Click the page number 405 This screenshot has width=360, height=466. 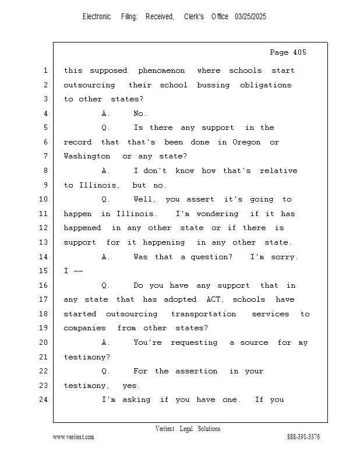click(299, 52)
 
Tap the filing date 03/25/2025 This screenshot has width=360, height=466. click(250, 17)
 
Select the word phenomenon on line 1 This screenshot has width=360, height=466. click(161, 71)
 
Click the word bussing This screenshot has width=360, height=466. click(213, 85)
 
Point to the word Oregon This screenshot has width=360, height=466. click(246, 142)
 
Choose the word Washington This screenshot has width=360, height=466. click(87, 156)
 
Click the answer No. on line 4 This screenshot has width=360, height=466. click(140, 114)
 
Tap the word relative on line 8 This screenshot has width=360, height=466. click(278, 171)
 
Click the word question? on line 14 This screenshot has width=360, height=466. click(211, 257)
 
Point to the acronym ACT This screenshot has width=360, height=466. click(215, 299)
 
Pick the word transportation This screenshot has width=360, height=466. click(204, 314)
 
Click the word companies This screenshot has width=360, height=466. click(84, 328)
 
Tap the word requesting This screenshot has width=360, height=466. click(194, 343)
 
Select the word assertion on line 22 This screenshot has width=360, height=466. click(196, 371)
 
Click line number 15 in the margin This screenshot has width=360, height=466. click(44, 271)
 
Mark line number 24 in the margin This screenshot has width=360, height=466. click(44, 400)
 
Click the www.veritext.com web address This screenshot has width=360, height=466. click(73, 437)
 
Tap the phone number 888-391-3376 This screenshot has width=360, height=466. click(303, 437)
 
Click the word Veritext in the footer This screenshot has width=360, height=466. click(165, 429)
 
